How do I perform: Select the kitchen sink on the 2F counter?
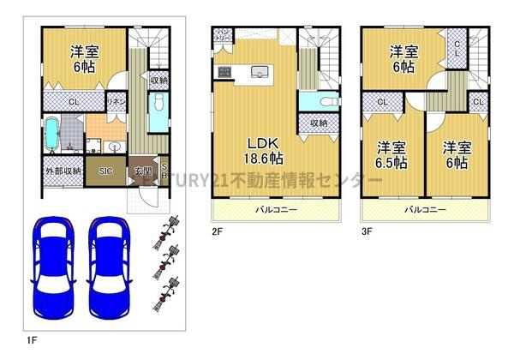coord(260,73)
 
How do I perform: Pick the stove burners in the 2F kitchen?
coord(224,72)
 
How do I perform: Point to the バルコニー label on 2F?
coord(272,209)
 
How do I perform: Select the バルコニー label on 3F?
coord(424,209)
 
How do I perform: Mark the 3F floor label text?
coord(365,231)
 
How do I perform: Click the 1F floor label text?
coord(31,340)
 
